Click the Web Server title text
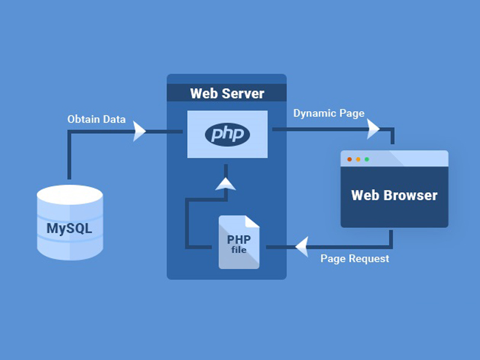(227, 94)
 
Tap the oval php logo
(227, 134)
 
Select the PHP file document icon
(239, 242)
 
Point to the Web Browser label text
(394, 195)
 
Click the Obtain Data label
(96, 119)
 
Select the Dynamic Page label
(328, 113)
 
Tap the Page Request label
(355, 259)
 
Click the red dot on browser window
(350, 159)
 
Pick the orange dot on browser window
(358, 159)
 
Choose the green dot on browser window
(367, 159)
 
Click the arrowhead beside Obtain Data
(140, 131)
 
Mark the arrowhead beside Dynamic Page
(373, 127)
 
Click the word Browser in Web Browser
(412, 195)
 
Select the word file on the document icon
(239, 250)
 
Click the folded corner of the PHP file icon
(253, 221)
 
